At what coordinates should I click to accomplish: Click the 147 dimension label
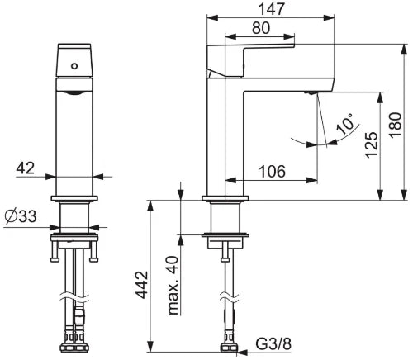[271, 9]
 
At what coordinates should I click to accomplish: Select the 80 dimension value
[261, 28]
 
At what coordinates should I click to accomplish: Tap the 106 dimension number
[273, 172]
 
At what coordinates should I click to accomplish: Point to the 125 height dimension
[372, 144]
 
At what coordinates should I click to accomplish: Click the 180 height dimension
[396, 125]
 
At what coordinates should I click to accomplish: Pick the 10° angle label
[345, 123]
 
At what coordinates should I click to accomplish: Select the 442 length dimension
[142, 285]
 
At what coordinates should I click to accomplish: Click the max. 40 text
[173, 286]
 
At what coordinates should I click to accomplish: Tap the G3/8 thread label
[273, 343]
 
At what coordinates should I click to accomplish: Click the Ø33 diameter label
[21, 216]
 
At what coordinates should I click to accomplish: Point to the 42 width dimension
[26, 168]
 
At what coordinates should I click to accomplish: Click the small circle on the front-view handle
[74, 66]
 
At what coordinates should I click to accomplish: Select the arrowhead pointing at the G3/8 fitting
[242, 352]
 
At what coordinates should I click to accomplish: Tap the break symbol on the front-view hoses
[74, 298]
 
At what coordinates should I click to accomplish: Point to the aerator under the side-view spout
[310, 92]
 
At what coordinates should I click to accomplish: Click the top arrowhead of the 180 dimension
[404, 50]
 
